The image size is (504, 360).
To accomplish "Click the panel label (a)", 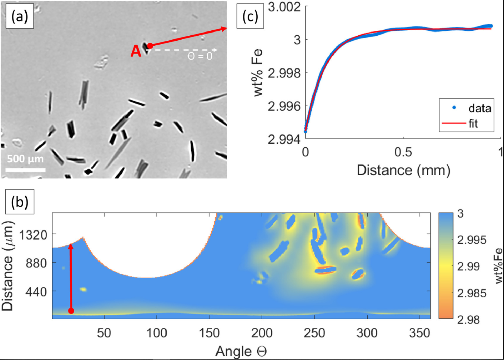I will pyautogui.click(x=20, y=16).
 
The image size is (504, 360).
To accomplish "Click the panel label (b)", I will pyautogui.click(x=20, y=202).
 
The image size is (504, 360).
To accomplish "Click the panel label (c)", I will pyautogui.click(x=250, y=16).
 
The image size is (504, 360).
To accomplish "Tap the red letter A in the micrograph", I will pyautogui.click(x=136, y=51).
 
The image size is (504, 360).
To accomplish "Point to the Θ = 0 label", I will pyautogui.click(x=200, y=56).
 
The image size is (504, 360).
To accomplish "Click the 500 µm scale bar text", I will pyautogui.click(x=25, y=159).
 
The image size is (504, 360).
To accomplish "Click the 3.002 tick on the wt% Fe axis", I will pyautogui.click(x=284, y=7).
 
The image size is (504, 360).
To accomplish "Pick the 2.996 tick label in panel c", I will pyautogui.click(x=284, y=106).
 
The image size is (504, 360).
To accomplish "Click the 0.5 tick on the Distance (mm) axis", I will pyautogui.click(x=403, y=152).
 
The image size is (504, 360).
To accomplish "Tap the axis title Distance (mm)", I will pyautogui.click(x=403, y=170).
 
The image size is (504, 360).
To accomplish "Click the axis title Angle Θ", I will pyautogui.click(x=241, y=351).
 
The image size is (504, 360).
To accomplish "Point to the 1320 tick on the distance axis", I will pyautogui.click(x=33, y=235).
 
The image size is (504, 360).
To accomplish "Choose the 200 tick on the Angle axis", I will pyautogui.click(x=262, y=333).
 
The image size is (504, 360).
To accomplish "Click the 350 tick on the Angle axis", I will pyautogui.click(x=419, y=333).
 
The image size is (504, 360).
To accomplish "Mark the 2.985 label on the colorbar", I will pyautogui.click(x=472, y=293).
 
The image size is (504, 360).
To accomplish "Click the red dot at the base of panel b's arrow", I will pyautogui.click(x=71, y=311).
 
